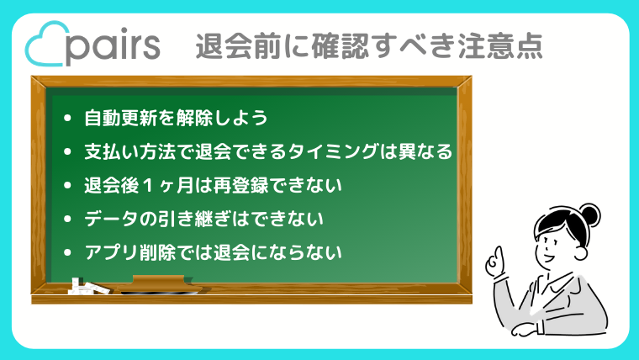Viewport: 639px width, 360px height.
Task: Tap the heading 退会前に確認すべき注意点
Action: tap(369, 46)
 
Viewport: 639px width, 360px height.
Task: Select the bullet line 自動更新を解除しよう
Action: tap(176, 119)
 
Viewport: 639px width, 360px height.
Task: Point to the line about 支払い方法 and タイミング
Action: tap(268, 151)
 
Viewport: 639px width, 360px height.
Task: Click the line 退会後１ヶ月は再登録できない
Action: tap(213, 186)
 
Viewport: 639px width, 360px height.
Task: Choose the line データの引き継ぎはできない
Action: tap(203, 219)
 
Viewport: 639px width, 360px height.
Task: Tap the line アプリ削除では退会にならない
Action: tap(213, 252)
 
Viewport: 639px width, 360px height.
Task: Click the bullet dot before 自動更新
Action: tap(67, 119)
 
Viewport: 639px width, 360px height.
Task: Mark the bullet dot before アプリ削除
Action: tap(67, 253)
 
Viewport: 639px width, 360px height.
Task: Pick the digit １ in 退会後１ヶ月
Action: tap(148, 186)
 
